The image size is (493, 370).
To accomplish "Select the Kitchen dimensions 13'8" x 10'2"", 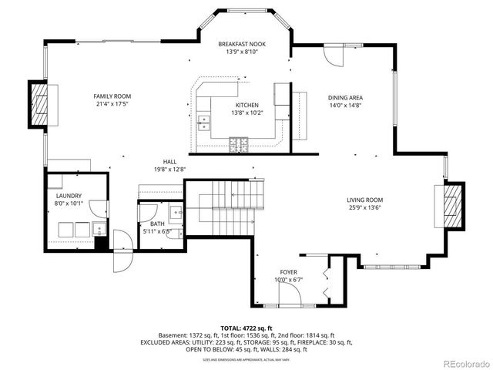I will pyautogui.click(x=247, y=113).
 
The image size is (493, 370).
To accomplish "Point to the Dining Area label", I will pyautogui.click(x=345, y=98).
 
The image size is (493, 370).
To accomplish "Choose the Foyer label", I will pyautogui.click(x=288, y=272).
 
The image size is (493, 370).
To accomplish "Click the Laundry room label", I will pyautogui.click(x=69, y=196).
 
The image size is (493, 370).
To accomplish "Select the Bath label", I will pyautogui.click(x=151, y=223).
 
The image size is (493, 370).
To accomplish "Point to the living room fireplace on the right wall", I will pyautogui.click(x=454, y=206).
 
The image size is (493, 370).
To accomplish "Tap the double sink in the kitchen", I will pyautogui.click(x=204, y=120).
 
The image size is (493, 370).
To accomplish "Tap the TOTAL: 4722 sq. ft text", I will pyautogui.click(x=246, y=328).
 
